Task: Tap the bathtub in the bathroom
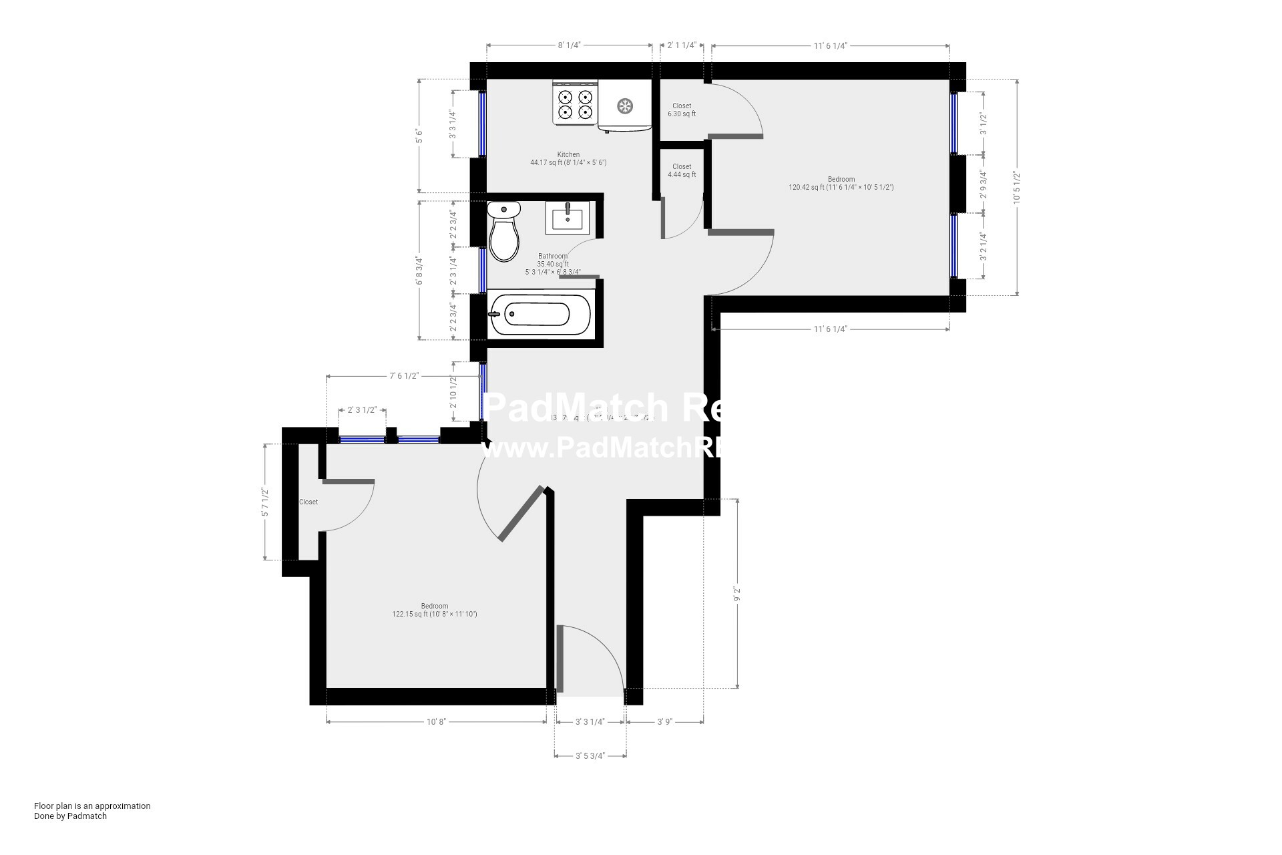click(540, 313)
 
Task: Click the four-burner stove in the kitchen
click(575, 104)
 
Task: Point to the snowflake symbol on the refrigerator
click(625, 106)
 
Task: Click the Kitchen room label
click(568, 154)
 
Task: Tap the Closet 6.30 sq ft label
click(682, 110)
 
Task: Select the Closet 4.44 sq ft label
click(682, 170)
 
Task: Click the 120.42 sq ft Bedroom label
click(841, 183)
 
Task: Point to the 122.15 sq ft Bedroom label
click(435, 610)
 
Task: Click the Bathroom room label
click(553, 256)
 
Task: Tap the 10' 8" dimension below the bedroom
click(436, 721)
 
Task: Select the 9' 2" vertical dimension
click(737, 594)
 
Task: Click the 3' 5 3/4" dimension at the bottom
click(590, 756)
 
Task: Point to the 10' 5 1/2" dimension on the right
click(1017, 188)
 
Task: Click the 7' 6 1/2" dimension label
click(403, 376)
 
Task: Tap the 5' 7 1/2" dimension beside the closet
click(265, 502)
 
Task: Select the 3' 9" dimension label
click(664, 721)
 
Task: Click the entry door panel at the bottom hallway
click(560, 659)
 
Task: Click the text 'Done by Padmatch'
click(70, 816)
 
